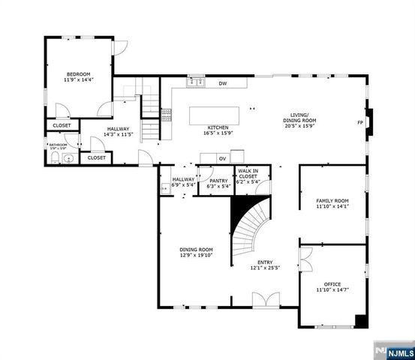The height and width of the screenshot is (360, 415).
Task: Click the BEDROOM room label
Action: pyautogui.click(x=78, y=74)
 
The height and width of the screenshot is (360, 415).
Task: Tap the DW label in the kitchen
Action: pyautogui.click(x=223, y=83)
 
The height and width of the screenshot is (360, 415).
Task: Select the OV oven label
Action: pyautogui.click(x=222, y=159)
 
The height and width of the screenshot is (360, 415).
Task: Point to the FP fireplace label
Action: pyautogui.click(x=360, y=122)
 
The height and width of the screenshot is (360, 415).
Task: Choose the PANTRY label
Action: pyautogui.click(x=218, y=180)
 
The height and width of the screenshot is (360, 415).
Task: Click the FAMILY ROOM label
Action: pyautogui.click(x=332, y=201)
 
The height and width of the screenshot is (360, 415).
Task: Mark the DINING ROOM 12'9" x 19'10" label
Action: pyautogui.click(x=196, y=250)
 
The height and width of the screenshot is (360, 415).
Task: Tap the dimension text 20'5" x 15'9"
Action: pyautogui.click(x=299, y=126)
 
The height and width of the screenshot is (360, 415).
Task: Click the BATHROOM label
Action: pyautogui.click(x=58, y=145)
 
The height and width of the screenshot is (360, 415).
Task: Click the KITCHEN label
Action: pyautogui.click(x=218, y=128)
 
